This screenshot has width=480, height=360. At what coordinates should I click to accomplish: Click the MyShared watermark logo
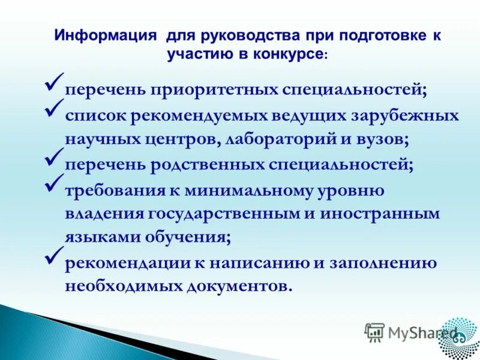[x=411, y=331]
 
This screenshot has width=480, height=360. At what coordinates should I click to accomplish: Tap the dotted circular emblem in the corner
[x=458, y=335]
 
